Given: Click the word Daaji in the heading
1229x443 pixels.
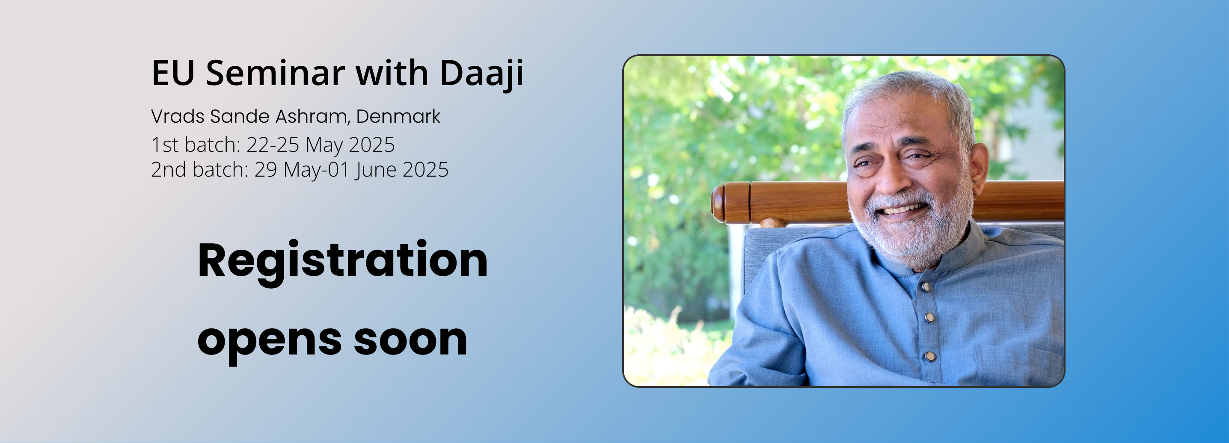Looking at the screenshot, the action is tap(481, 74).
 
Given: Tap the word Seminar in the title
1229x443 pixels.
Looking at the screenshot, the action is tap(275, 73).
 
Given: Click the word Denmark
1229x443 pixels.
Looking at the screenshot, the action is tap(398, 116).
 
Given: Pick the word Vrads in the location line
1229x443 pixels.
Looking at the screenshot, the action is tap(178, 116).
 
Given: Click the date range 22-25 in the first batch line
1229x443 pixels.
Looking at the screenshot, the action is tap(273, 145).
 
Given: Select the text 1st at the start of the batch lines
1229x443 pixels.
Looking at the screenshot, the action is tap(165, 145).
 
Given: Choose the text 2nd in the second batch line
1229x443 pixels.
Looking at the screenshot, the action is tap(169, 169).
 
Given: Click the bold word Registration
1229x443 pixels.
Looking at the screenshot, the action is tap(343, 261).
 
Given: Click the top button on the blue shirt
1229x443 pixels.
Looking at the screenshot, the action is tap(926, 286).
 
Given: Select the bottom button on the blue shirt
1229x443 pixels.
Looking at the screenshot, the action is tap(930, 356).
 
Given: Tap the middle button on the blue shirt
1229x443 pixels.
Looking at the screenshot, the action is tap(929, 317).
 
